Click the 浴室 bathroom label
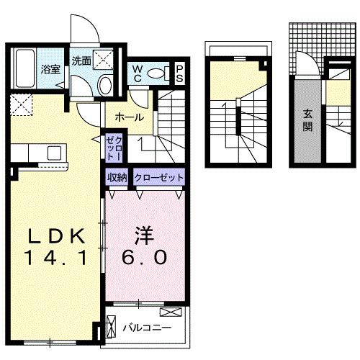50,70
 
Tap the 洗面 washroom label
81,62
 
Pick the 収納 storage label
117,177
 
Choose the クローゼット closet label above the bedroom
158,177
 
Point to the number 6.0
147,257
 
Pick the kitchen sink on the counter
54,153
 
